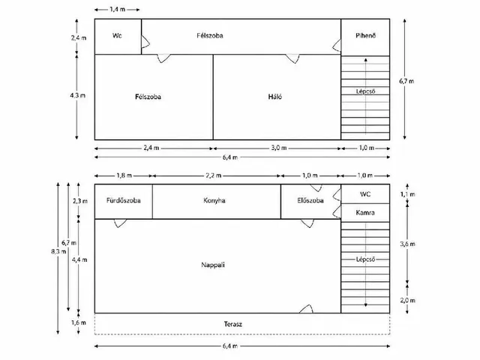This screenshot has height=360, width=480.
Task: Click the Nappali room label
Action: pyautogui.click(x=213, y=265)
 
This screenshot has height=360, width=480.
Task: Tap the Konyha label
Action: pyautogui.click(x=214, y=200)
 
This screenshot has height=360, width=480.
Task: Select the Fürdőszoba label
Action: pyautogui.click(x=123, y=200)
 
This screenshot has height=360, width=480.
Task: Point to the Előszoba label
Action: pyautogui.click(x=310, y=200)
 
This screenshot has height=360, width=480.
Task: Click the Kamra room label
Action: pyautogui.click(x=365, y=212)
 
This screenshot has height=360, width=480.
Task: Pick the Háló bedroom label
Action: pyautogui.click(x=275, y=97)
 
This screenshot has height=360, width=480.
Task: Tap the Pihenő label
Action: pyautogui.click(x=365, y=35)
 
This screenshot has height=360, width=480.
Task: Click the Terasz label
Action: pyautogui.click(x=233, y=324)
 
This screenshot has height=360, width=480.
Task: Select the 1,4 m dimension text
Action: pyautogui.click(x=117, y=10)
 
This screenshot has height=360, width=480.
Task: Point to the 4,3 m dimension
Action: pyautogui.click(x=77, y=95)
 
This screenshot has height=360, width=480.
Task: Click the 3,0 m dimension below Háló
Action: pyautogui.click(x=278, y=148)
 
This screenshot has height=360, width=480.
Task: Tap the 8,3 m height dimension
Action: pyautogui.click(x=58, y=252)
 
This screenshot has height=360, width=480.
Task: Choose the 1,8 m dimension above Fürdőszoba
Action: pyautogui.click(x=124, y=175)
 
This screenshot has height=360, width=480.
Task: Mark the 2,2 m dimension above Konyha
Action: pyautogui.click(x=213, y=175)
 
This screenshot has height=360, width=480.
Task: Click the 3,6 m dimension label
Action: pyautogui.click(x=407, y=244)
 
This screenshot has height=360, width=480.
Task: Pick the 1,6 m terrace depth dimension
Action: pyautogui.click(x=79, y=322)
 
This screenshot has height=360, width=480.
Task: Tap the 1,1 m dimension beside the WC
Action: pyautogui.click(x=407, y=194)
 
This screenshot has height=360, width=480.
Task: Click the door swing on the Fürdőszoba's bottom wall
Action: pyautogui.click(x=120, y=223)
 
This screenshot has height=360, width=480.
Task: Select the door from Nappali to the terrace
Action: pyautogui.click(x=306, y=309)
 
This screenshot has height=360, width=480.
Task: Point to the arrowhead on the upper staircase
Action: pyautogui.click(x=365, y=60)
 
